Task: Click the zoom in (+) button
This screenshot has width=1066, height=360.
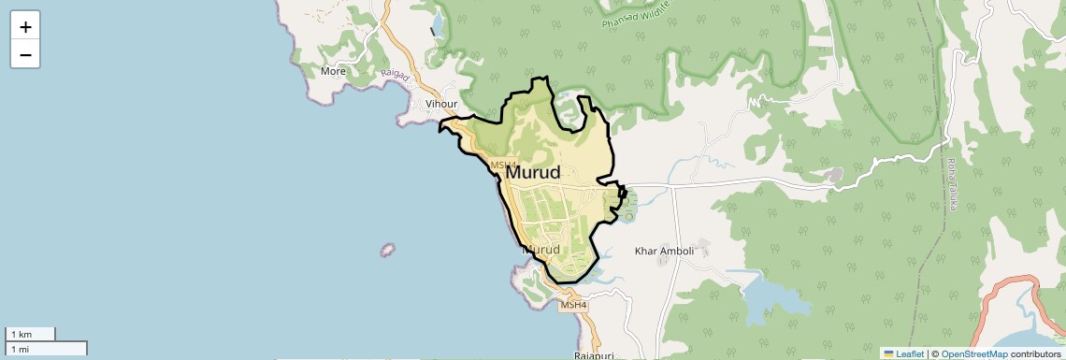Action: (25, 27)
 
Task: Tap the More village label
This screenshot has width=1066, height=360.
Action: (333, 71)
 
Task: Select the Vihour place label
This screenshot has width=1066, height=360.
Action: (441, 104)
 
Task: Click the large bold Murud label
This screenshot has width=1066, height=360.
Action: (533, 173)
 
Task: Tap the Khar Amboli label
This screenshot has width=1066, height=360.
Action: (664, 251)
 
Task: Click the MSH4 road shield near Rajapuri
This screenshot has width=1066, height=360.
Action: (573, 305)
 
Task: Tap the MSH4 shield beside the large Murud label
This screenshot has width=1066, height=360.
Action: (503, 166)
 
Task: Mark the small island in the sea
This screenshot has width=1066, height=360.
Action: (386, 251)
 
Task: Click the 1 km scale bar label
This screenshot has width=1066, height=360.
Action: (20, 334)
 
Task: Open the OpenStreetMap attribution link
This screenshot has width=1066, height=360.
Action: (973, 354)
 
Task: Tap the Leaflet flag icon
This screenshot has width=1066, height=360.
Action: (888, 354)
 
